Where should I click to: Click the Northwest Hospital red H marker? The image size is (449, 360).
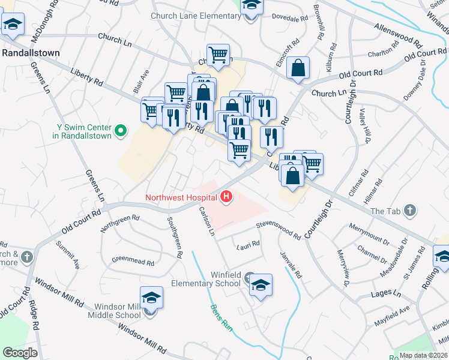click(x=226, y=196)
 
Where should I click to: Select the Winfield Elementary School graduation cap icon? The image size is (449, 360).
click(x=261, y=285)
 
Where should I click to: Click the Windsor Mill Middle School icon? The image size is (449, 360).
click(x=151, y=298)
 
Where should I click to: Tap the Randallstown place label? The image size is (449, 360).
click(x=31, y=53)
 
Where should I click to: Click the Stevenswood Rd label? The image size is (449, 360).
click(x=278, y=230)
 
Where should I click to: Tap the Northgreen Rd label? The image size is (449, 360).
click(x=120, y=224)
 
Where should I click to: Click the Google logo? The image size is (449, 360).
click(x=20, y=352)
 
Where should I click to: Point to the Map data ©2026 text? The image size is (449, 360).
click(x=423, y=355)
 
